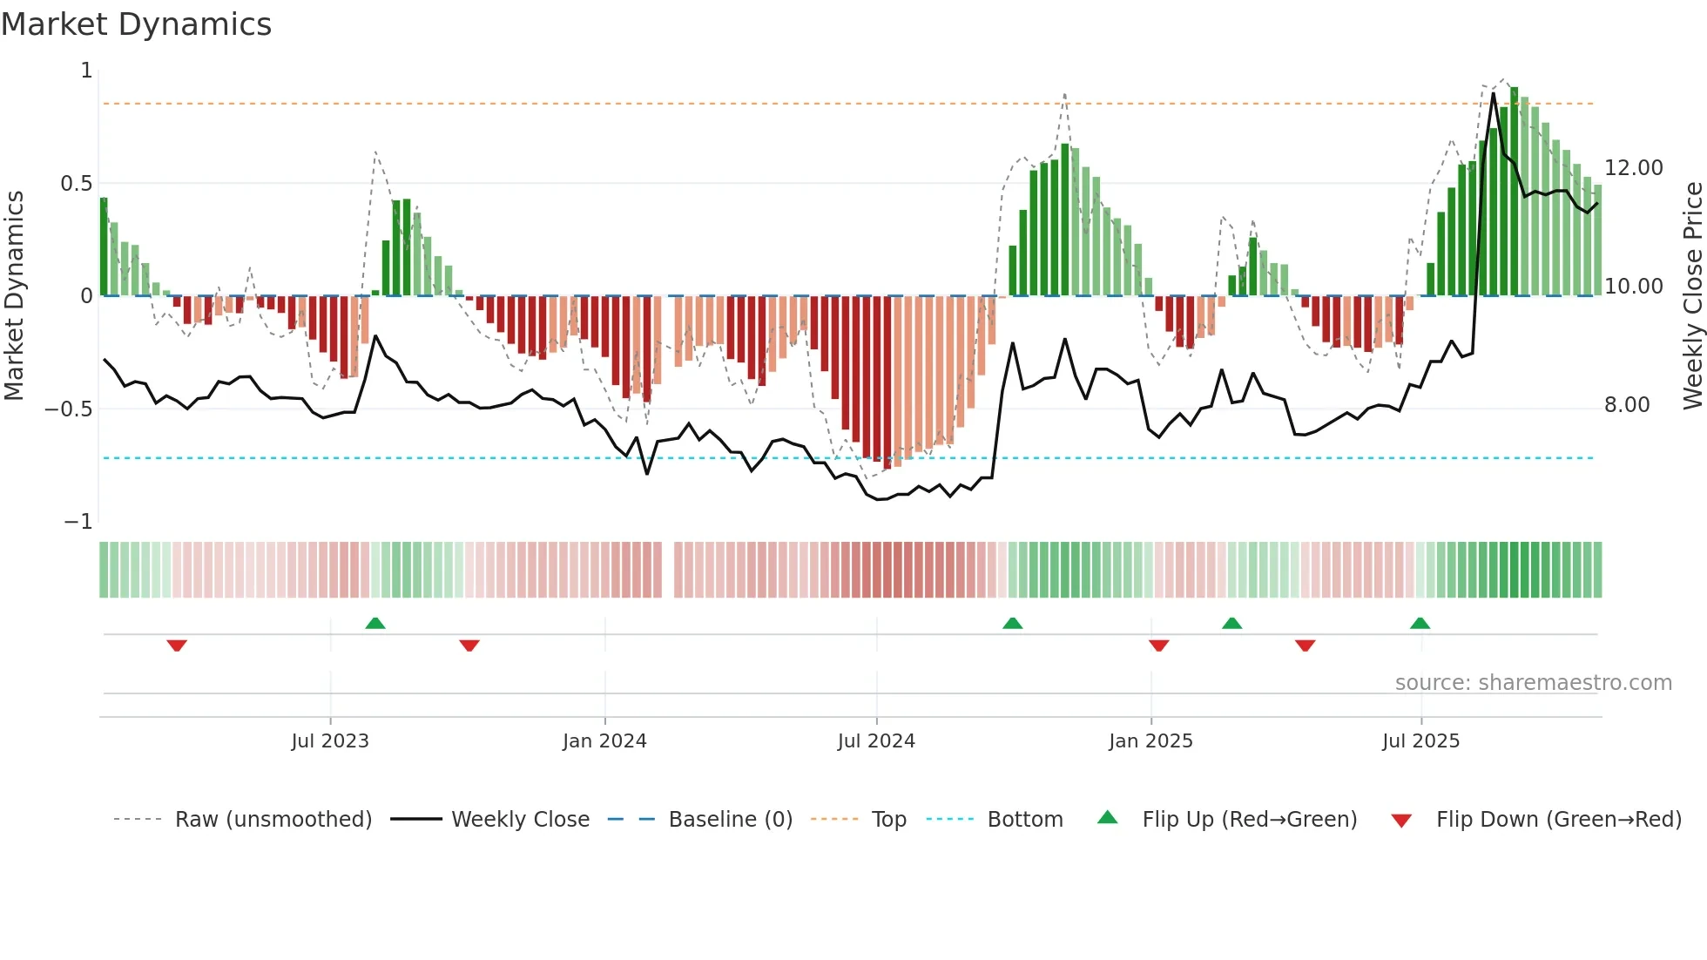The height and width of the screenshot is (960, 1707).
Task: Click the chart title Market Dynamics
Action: pyautogui.click(x=136, y=24)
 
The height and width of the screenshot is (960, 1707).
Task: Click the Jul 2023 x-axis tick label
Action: pyautogui.click(x=330, y=741)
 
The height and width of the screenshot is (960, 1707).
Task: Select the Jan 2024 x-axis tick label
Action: pyautogui.click(x=604, y=741)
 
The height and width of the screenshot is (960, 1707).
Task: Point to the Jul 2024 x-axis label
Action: pyautogui.click(x=876, y=741)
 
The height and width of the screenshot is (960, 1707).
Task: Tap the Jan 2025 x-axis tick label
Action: pyautogui.click(x=1150, y=741)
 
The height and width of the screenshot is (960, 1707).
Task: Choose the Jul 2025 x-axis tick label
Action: pyautogui.click(x=1420, y=741)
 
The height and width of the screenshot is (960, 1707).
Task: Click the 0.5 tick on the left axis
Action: pyautogui.click(x=76, y=184)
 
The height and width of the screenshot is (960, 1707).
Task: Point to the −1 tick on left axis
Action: pyautogui.click(x=78, y=522)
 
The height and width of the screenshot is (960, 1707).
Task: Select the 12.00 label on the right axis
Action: pyautogui.click(x=1633, y=168)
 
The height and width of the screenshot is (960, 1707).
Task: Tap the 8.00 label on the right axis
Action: pyautogui.click(x=1626, y=405)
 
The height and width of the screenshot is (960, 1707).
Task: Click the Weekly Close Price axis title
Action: pyautogui.click(x=1692, y=296)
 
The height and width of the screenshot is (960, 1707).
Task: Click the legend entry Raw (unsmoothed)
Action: pyautogui.click(x=273, y=820)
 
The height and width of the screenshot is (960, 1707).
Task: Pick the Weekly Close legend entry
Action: pyautogui.click(x=520, y=820)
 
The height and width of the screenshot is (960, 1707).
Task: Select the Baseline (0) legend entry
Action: pyautogui.click(x=730, y=820)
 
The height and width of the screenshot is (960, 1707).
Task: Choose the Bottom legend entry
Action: pyautogui.click(x=1024, y=820)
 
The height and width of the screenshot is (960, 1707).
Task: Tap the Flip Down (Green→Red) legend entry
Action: pyautogui.click(x=1558, y=820)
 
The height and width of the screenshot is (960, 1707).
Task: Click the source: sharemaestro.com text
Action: pyautogui.click(x=1533, y=683)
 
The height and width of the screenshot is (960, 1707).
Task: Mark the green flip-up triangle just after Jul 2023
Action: pyautogui.click(x=375, y=624)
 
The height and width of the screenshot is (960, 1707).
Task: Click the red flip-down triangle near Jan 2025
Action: pyautogui.click(x=1158, y=646)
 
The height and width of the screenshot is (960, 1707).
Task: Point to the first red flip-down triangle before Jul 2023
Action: pyautogui.click(x=177, y=646)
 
